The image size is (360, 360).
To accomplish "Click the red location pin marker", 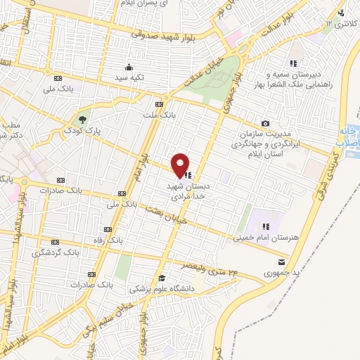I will coord(181,165).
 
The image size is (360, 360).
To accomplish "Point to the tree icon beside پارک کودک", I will coord(83,119).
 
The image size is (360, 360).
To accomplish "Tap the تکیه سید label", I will coord(130,77).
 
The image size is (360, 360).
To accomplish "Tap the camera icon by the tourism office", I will coord(265,122).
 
